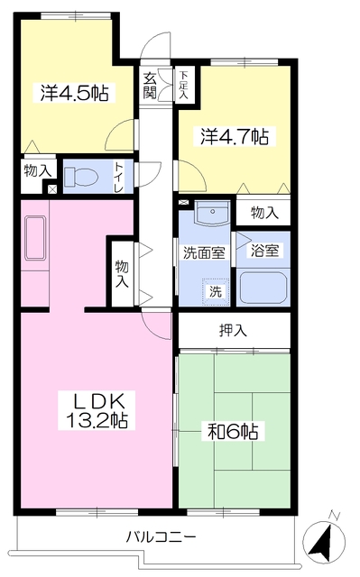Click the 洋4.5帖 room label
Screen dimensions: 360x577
point(75,93)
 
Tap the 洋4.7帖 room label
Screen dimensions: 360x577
point(235,137)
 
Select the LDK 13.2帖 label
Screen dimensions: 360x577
point(97,411)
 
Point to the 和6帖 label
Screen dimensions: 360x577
point(233,432)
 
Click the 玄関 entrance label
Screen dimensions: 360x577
point(150,87)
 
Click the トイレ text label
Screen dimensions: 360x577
point(118,176)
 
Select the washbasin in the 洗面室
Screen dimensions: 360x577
point(211,213)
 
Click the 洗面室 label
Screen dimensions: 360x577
point(204,252)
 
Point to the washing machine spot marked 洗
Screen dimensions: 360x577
point(216,291)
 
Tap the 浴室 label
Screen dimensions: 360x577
point(264,251)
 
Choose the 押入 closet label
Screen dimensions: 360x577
point(233,331)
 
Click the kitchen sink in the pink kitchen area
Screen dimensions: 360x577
point(35,237)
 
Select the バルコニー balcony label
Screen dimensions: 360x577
point(161,537)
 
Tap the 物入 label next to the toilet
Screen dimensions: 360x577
point(38,171)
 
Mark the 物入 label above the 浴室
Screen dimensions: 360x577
point(264,213)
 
